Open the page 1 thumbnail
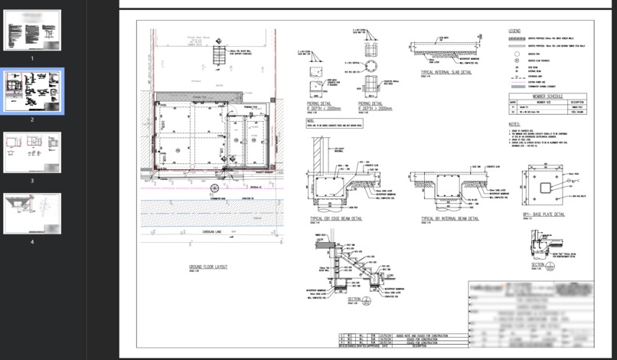click(32, 31)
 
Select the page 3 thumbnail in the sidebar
click(32, 152)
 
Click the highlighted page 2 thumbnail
click(32, 91)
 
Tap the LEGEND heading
click(515, 31)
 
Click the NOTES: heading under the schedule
click(514, 124)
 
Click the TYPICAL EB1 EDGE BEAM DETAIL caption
click(336, 218)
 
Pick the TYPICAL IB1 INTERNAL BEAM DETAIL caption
click(447, 218)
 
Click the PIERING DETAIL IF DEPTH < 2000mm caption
click(313, 99)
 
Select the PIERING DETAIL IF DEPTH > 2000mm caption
click(371, 100)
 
